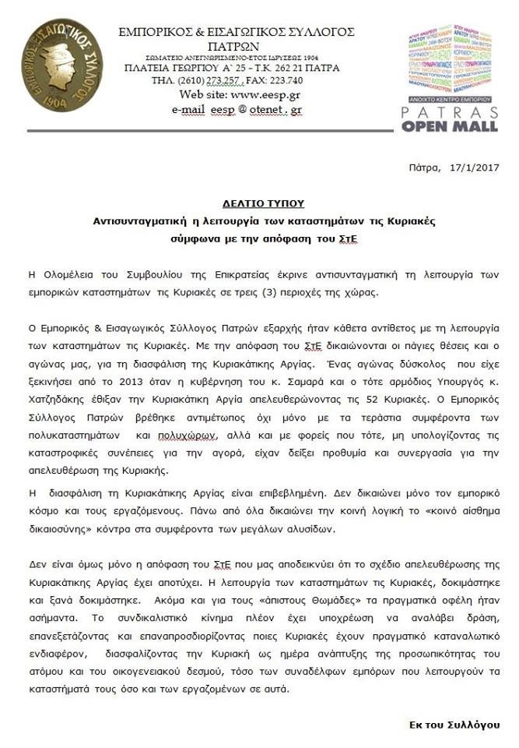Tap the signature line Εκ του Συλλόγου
click(x=465, y=725)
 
